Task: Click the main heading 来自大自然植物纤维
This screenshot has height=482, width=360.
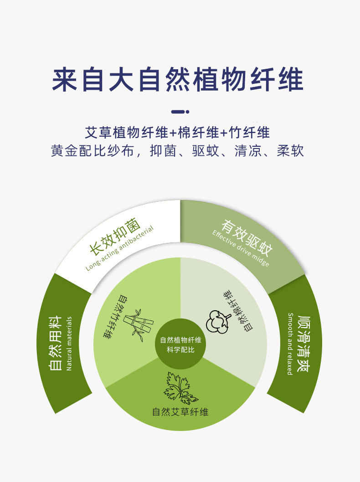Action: pyautogui.click(x=178, y=80)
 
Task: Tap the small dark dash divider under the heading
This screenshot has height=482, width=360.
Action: pyautogui.click(x=180, y=112)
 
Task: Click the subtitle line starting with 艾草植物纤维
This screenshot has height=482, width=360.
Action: pyautogui.click(x=178, y=133)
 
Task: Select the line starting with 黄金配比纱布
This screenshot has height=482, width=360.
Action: pyautogui.click(x=178, y=151)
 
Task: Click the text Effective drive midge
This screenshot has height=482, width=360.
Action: pyautogui.click(x=241, y=249)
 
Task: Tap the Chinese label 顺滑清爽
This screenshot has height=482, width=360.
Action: pyautogui.click(x=303, y=344)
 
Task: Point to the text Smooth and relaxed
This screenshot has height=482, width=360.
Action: pyautogui.click(x=290, y=344)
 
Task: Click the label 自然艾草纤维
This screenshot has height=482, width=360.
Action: pyautogui.click(x=180, y=412)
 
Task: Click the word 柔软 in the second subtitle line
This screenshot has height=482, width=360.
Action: pyautogui.click(x=290, y=151)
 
